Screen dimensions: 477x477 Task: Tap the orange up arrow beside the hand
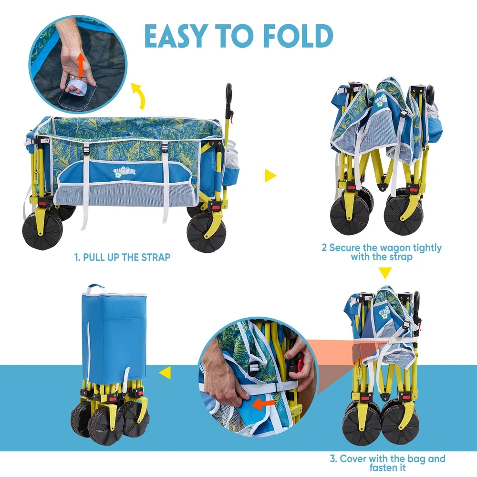pos(81,64)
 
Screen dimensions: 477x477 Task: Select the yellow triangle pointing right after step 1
pos(270,176)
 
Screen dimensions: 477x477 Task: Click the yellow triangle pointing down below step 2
pos(385,272)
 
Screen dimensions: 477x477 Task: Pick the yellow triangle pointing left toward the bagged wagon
pos(165,373)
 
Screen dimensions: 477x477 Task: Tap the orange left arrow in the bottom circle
pos(263,404)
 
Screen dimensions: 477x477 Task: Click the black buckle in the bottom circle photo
pos(253,366)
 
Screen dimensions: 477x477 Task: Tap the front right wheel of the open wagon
pos(207,233)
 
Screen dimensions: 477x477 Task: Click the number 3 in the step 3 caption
pos(333,458)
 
